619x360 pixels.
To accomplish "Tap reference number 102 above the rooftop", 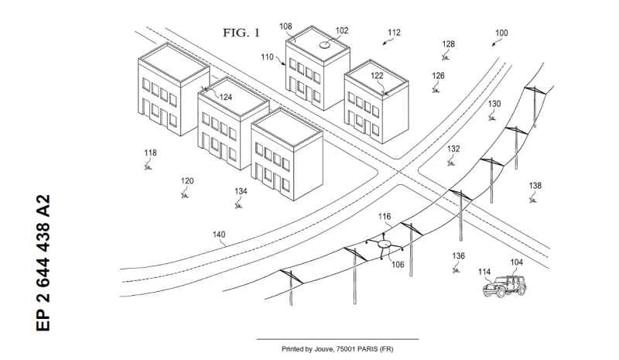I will click(x=341, y=31).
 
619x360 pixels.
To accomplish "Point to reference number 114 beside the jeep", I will click(x=484, y=272).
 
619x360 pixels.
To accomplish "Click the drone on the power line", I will click(x=385, y=246).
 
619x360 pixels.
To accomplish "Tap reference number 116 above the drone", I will click(x=385, y=218).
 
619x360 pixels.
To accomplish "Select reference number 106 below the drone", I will click(x=398, y=264).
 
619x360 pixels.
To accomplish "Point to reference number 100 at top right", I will click(x=501, y=33).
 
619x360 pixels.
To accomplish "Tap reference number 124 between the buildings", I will click(x=225, y=97).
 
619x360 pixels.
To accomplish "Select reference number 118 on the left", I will click(x=150, y=153).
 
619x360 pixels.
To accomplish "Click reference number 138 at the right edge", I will click(x=535, y=185).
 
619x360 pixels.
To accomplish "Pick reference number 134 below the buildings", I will click(x=241, y=190).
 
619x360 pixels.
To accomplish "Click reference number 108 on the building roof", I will click(x=286, y=26).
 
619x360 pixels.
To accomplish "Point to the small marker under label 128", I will click(x=446, y=57).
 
